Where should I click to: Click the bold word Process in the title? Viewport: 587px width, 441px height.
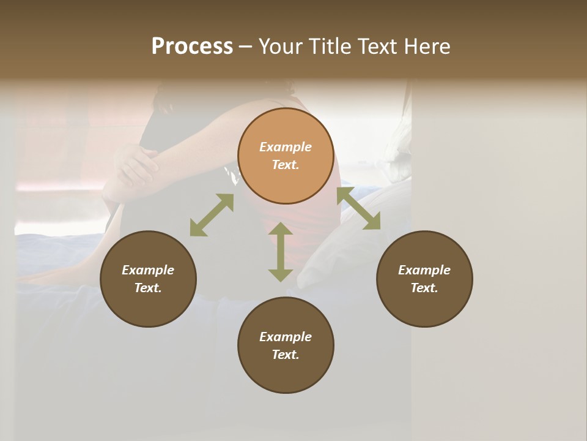click(x=192, y=47)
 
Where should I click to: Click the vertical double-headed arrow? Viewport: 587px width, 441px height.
click(x=281, y=252)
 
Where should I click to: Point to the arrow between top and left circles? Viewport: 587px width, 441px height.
click(x=212, y=215)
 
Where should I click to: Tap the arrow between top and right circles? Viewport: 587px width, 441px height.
click(x=359, y=209)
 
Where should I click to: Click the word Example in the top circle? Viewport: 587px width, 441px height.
click(x=286, y=147)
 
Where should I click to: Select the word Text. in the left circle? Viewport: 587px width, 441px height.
click(x=148, y=288)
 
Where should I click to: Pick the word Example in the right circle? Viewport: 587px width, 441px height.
click(x=424, y=270)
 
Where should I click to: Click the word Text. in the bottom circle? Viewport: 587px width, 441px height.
click(x=286, y=355)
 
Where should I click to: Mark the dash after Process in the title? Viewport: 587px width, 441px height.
click(x=245, y=47)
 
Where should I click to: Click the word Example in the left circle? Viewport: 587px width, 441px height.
click(x=148, y=270)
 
